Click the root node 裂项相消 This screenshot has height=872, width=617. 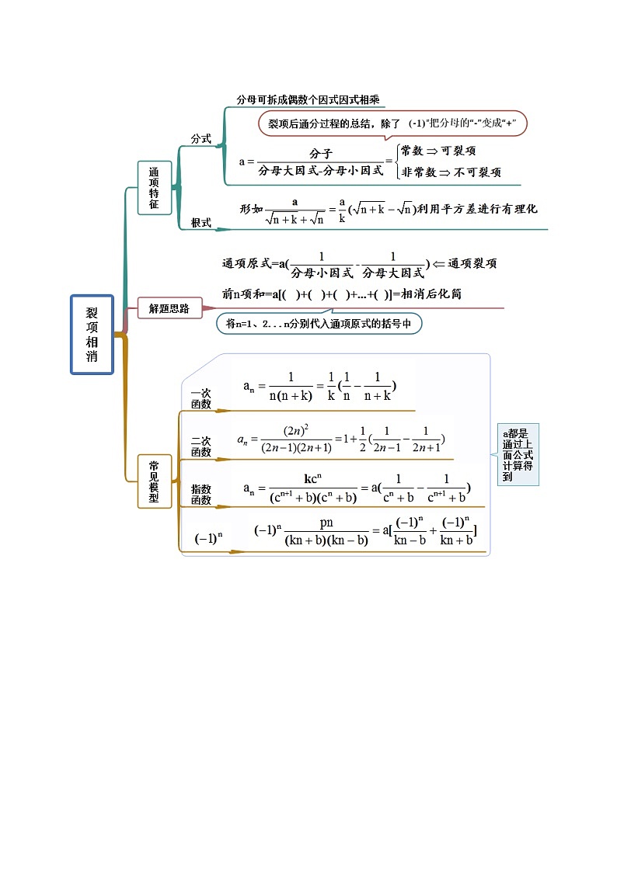tap(92, 335)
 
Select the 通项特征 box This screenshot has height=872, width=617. tap(154, 188)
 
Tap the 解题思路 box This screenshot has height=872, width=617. tap(169, 307)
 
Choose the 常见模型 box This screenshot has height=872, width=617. tap(154, 481)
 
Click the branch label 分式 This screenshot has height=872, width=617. tap(201, 138)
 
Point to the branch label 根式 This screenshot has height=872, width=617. tap(201, 223)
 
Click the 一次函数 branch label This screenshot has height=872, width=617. tap(201, 399)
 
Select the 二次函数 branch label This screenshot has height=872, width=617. tap(201, 446)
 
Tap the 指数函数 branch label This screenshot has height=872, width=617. tap(201, 495)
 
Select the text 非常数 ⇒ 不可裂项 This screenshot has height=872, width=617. tap(451, 172)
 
